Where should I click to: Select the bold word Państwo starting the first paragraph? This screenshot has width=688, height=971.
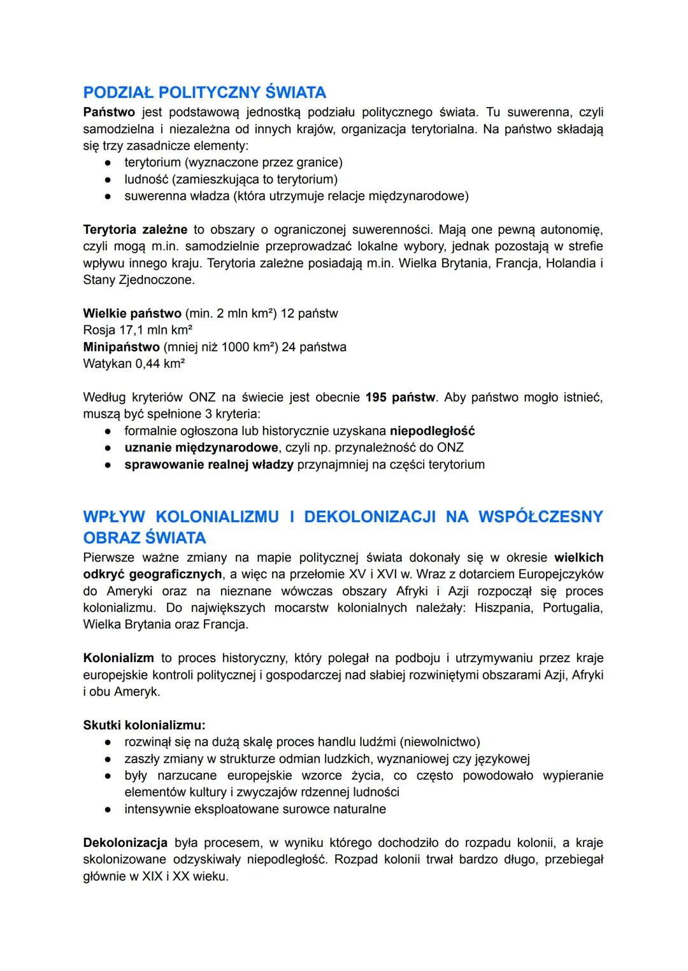pyautogui.click(x=109, y=113)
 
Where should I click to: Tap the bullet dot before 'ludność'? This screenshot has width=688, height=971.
pyautogui.click(x=110, y=180)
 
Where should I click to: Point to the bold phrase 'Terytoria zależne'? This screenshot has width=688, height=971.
pyautogui.click(x=135, y=229)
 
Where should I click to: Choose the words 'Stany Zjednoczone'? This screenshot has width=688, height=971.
pyautogui.click(x=139, y=280)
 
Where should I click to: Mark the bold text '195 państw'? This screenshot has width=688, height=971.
pyautogui.click(x=401, y=397)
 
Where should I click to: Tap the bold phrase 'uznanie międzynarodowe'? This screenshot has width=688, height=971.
pyautogui.click(x=201, y=448)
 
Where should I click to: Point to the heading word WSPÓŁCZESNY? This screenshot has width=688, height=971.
pyautogui.click(x=540, y=516)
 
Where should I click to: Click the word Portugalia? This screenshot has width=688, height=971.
pyautogui.click(x=573, y=607)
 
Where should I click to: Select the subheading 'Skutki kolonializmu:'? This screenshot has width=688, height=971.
pyautogui.click(x=144, y=725)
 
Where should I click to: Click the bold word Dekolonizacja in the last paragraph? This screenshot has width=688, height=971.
pyautogui.click(x=125, y=843)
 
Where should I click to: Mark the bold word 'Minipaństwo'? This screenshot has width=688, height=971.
pyautogui.click(x=121, y=347)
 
